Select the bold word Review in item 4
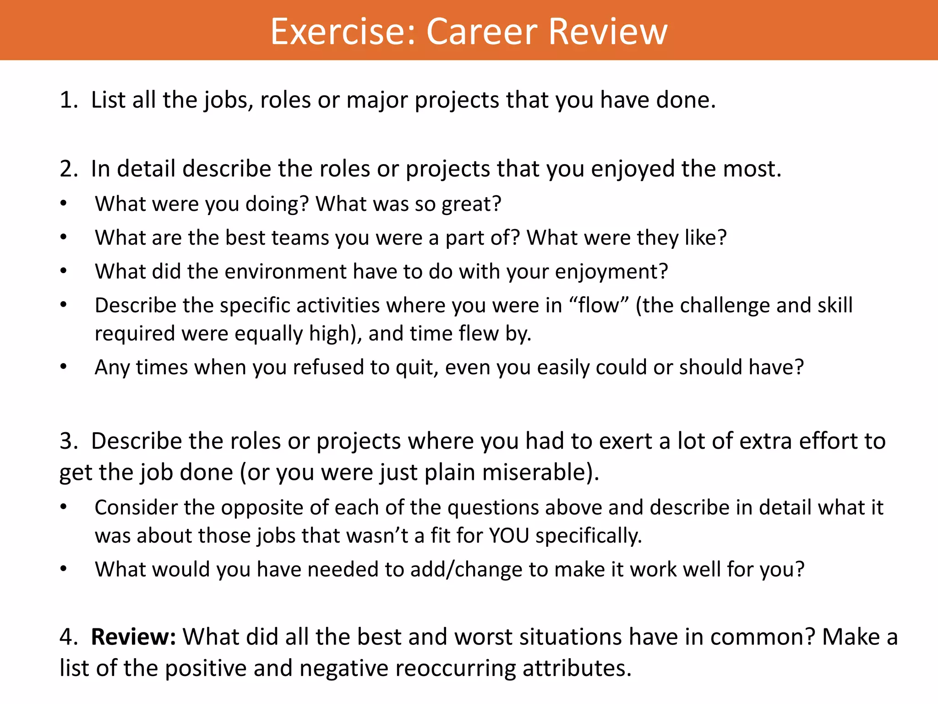(x=133, y=637)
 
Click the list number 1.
(x=68, y=100)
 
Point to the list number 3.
(x=68, y=441)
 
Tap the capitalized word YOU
(x=509, y=536)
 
